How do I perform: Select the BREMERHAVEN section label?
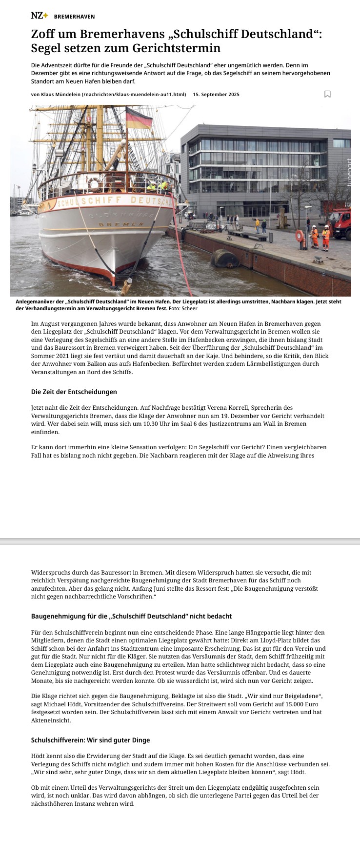74,17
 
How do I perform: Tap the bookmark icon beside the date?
327,94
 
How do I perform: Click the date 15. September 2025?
216,94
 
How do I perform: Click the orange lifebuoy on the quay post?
300,236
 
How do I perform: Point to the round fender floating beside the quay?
225,258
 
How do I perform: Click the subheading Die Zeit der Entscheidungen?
74,392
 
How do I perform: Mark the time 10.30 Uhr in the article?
149,424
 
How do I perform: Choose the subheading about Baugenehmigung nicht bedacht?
131,616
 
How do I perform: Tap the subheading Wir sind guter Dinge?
90,740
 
